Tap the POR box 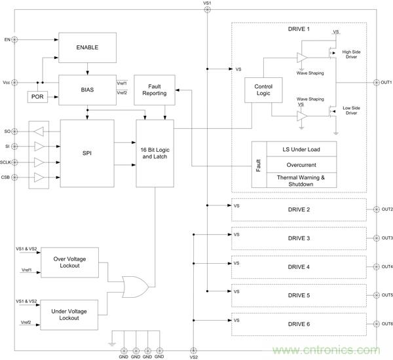(x=37, y=97)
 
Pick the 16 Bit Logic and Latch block (x=155, y=154)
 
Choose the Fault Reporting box (x=153, y=89)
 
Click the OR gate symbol (x=136, y=286)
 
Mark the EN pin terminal (x=15, y=39)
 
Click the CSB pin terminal (x=15, y=177)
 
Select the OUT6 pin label (x=386, y=324)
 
